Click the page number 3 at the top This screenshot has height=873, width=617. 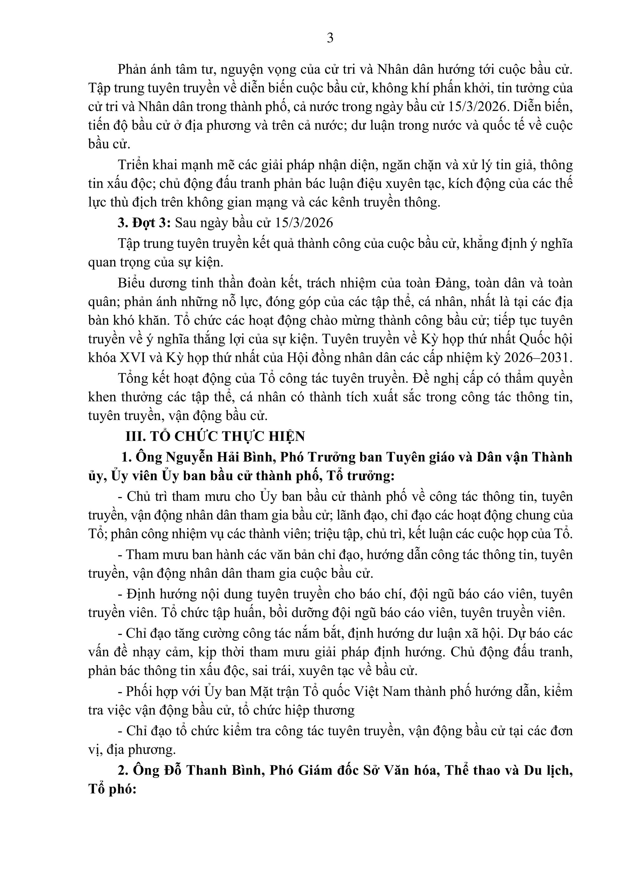click(x=330, y=38)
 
